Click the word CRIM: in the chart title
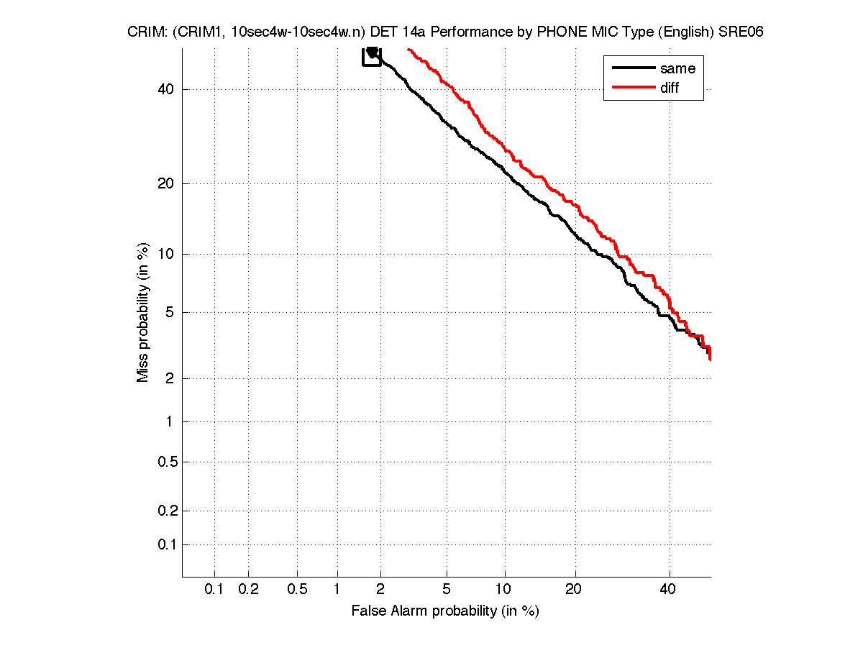[145, 32]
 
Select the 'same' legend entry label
[677, 69]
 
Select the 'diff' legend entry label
[670, 88]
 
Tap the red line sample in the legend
[633, 88]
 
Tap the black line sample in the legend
[633, 69]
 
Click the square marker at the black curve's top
[372, 56]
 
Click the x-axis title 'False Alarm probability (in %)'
[445, 611]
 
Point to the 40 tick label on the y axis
[165, 89]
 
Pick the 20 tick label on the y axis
[165, 183]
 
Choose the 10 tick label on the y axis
[165, 254]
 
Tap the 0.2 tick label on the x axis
[248, 590]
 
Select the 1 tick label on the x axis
[337, 590]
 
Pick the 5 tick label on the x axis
[447, 590]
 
